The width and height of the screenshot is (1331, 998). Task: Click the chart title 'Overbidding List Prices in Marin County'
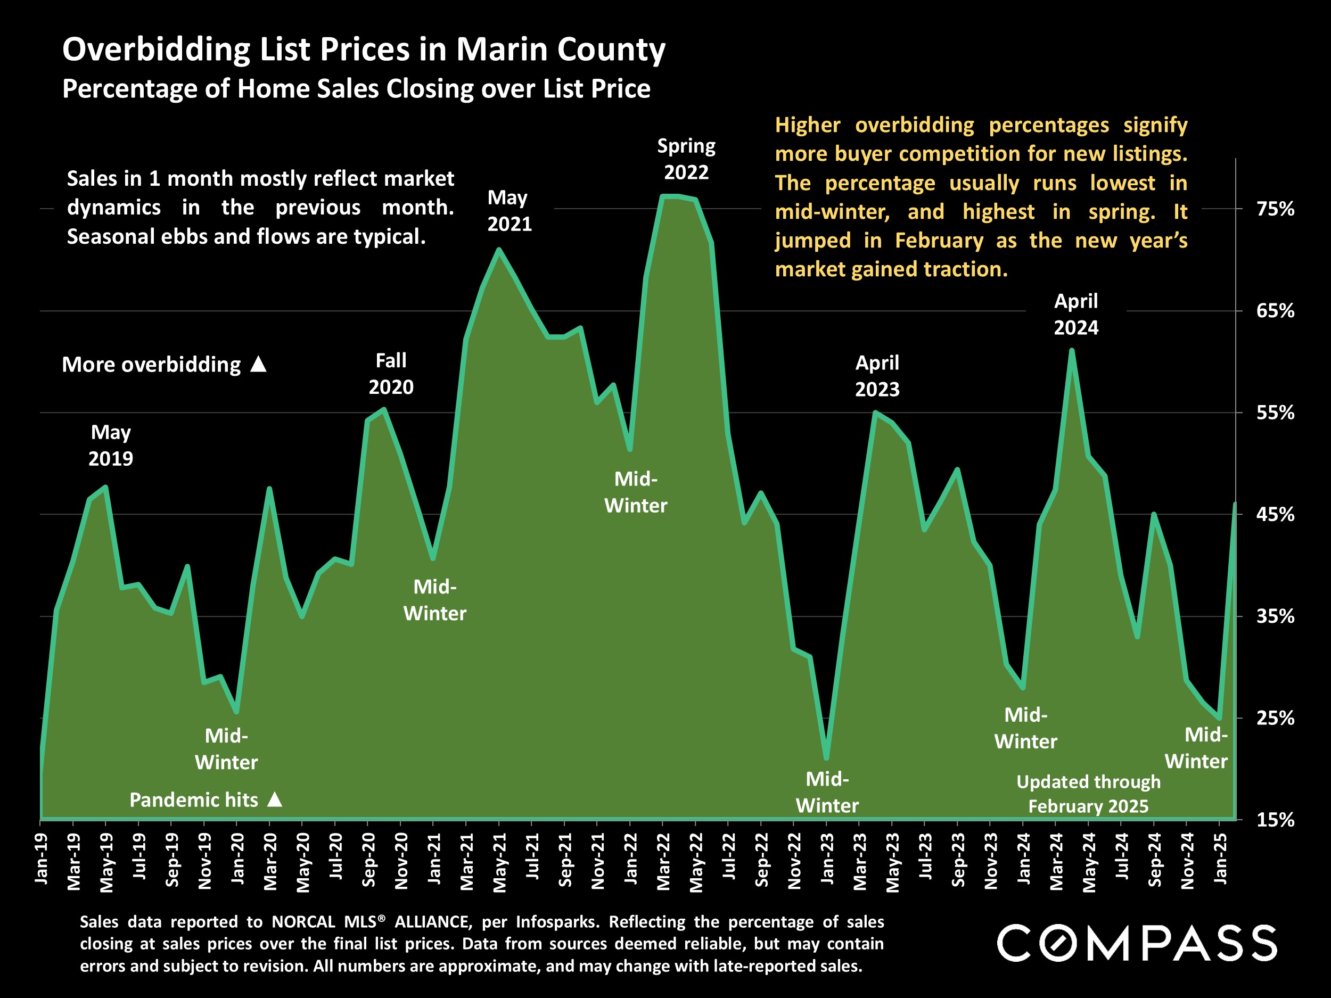tap(364, 50)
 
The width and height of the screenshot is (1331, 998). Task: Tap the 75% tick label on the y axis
tap(1275, 209)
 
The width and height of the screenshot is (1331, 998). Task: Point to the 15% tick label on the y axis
tap(1275, 819)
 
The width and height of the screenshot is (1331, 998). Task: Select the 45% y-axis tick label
tap(1275, 514)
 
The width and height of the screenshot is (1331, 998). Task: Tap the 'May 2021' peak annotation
tap(509, 211)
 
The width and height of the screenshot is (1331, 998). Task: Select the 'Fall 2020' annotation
tap(391, 374)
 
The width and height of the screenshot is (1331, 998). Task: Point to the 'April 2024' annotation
tap(1076, 314)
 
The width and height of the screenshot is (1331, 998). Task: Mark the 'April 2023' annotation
tap(877, 376)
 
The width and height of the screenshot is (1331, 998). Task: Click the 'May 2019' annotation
tap(111, 445)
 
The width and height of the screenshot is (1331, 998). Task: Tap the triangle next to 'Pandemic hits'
tap(274, 799)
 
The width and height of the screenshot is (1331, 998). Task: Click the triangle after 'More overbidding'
tap(258, 364)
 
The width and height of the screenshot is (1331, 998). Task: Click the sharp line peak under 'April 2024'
tap(1072, 351)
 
